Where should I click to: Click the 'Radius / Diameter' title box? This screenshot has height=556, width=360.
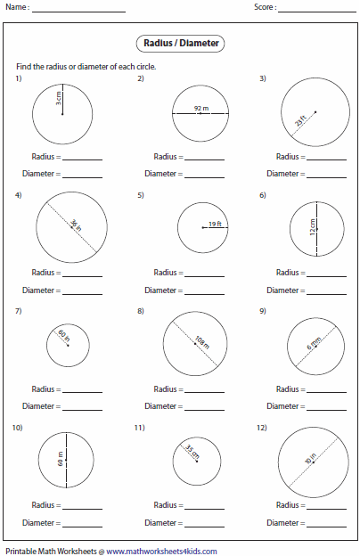point(180,43)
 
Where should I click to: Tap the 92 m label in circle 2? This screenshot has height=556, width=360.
point(200,109)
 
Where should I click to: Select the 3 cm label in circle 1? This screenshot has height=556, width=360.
point(59,101)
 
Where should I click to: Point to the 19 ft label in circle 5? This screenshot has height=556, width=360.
point(214,225)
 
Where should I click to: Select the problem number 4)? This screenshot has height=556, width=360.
point(18,194)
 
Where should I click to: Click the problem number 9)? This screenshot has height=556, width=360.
point(263,311)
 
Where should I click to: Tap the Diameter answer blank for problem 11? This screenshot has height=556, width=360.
point(204,523)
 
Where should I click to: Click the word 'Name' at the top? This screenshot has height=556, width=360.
point(15,7)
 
